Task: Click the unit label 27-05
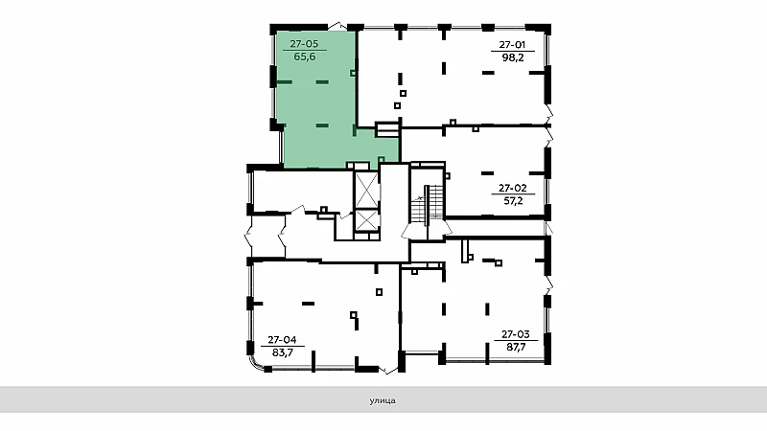[x=304, y=43]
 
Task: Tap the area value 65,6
[x=304, y=57]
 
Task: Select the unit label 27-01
[x=512, y=44]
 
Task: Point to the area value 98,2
[x=513, y=57]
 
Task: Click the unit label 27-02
[x=512, y=188]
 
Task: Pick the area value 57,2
[x=513, y=200]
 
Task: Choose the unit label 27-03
[x=516, y=334]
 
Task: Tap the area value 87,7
[x=516, y=347]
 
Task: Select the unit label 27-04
[x=282, y=340]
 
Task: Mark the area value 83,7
[x=282, y=352]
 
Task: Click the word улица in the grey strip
[x=383, y=400]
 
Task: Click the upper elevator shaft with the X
[x=366, y=190]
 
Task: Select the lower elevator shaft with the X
[x=366, y=220]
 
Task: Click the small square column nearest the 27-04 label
[x=353, y=315]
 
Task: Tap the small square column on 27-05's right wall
[x=353, y=74]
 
